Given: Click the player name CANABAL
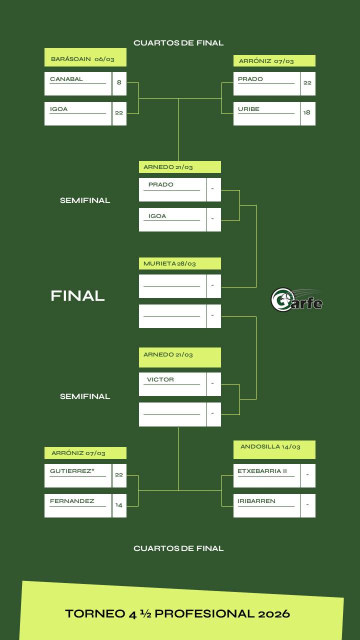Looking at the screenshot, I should pyautogui.click(x=66, y=79).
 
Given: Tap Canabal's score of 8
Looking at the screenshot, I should pyautogui.click(x=119, y=82).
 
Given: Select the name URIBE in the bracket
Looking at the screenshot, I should pyautogui.click(x=248, y=109).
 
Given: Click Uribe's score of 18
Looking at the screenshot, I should pyautogui.click(x=307, y=112).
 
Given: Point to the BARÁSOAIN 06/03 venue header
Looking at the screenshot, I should pyautogui.click(x=83, y=59).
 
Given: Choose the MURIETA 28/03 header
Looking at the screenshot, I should pyautogui.click(x=170, y=263).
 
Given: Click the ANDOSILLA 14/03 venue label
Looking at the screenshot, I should pyautogui.click(x=270, y=446).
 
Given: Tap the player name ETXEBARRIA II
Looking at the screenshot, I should pyautogui.click(x=262, y=471).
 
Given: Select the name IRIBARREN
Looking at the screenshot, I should pyautogui.click(x=256, y=501).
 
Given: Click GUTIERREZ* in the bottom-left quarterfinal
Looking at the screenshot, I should pyautogui.click(x=72, y=471).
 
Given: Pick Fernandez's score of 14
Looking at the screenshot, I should pyautogui.click(x=119, y=505).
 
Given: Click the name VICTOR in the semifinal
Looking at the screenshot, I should pyautogui.click(x=160, y=379).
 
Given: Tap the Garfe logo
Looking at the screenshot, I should pyautogui.click(x=296, y=300).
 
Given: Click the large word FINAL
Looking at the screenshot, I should pyautogui.click(x=77, y=296).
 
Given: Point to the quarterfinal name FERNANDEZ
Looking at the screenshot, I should pyautogui.click(x=72, y=501).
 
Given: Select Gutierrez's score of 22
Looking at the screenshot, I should pyautogui.click(x=119, y=474).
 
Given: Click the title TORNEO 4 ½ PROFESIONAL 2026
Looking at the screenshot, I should pyautogui.click(x=177, y=613).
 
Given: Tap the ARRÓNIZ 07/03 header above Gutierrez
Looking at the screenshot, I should pyautogui.click(x=78, y=453).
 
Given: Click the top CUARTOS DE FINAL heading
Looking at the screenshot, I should pyautogui.click(x=178, y=43).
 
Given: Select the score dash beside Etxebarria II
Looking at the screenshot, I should pyautogui.click(x=307, y=475).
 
